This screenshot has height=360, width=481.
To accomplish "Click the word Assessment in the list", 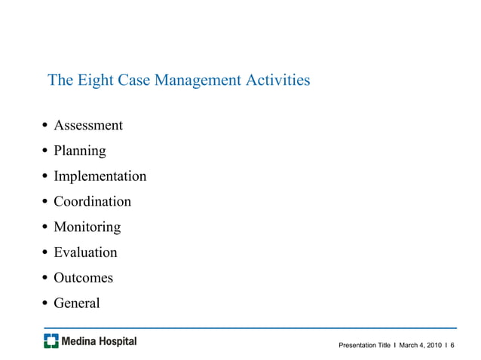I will coord(88,125).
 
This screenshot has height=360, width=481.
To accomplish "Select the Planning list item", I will coord(80,151).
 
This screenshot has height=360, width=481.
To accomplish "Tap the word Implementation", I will coord(100,176).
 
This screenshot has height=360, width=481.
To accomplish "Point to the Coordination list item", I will coord(92,202).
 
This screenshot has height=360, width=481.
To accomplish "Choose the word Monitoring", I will coord(87,227).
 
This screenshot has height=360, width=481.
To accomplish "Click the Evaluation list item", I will coord(85,252).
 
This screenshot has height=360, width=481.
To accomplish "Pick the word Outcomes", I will coord(83,278).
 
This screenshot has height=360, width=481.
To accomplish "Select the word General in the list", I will coord(76,304).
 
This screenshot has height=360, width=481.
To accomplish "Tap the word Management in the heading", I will coord(199,80).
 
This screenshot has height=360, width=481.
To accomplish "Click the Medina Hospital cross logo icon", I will coord(51,342).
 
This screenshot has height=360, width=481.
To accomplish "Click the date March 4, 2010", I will coord(420,345).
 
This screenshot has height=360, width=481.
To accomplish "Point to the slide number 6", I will coord(452,345).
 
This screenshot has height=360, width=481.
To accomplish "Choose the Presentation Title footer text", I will coord(364,345).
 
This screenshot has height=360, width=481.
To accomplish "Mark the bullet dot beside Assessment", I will coord(46,126).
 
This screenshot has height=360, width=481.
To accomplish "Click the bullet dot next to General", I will coord(46,304).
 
